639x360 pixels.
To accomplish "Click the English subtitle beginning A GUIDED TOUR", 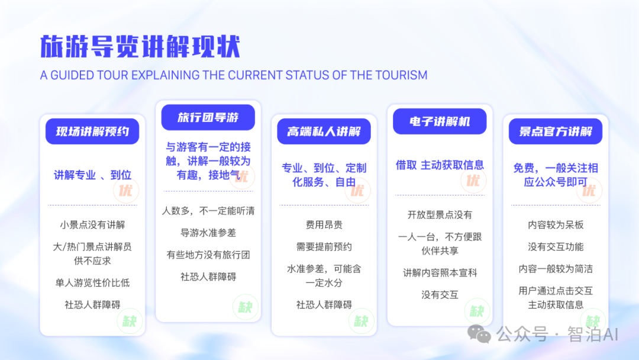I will pyautogui.click(x=234, y=75).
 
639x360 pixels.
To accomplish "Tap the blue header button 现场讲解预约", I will pyautogui.click(x=92, y=131).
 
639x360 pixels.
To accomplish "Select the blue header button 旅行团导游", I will pyautogui.click(x=208, y=117).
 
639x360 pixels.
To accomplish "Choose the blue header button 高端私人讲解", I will pyautogui.click(x=324, y=131).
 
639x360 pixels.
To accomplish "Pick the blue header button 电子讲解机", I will pyautogui.click(x=440, y=121).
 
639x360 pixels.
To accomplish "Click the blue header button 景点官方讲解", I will pyautogui.click(x=556, y=131).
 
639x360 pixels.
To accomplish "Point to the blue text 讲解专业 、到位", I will pyautogui.click(x=92, y=175).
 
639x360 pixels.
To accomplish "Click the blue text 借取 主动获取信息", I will pyautogui.click(x=440, y=165).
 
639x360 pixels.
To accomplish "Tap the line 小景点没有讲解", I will pyautogui.click(x=92, y=225).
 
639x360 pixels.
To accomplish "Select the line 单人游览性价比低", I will pyautogui.click(x=92, y=282).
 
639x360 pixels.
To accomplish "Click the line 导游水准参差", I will pyautogui.click(x=208, y=233).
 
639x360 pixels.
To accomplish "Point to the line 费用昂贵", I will pyautogui.click(x=324, y=225).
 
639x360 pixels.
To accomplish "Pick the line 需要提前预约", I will pyautogui.click(x=324, y=247).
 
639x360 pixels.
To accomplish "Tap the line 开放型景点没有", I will pyautogui.click(x=440, y=215).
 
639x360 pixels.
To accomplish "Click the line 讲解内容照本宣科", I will pyautogui.click(x=440, y=273).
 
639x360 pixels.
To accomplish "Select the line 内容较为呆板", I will pyautogui.click(x=556, y=225).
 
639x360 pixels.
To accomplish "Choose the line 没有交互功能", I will pyautogui.click(x=556, y=247).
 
